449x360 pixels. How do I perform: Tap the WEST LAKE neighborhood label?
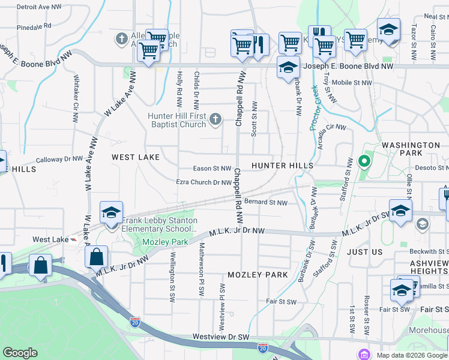pos(136,157)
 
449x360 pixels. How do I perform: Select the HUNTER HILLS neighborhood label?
pos(282,165)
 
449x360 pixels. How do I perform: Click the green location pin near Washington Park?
pos(363,161)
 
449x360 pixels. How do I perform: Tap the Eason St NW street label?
pos(211,169)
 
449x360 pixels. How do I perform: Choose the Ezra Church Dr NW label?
pos(203,182)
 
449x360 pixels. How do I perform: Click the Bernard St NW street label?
pos(266,203)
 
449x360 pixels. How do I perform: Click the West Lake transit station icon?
pos(73,239)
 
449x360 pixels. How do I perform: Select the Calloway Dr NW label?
pos(59,160)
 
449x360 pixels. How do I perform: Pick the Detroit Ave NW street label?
pos(39,7)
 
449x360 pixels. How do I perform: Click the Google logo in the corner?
pos(20,353)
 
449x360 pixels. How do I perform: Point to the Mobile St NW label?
pos(349,83)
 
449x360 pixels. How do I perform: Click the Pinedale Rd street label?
pos(34,27)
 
